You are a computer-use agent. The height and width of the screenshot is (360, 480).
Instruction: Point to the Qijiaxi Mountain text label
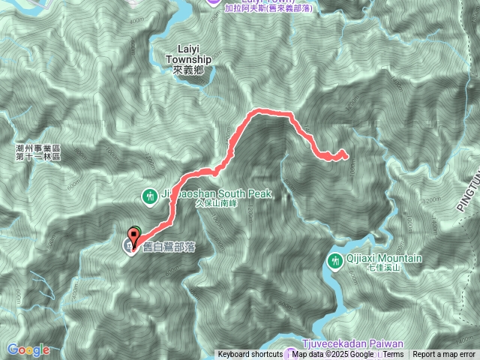tap(383, 258)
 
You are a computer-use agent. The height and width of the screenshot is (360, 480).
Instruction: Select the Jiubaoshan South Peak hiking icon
tap(149, 196)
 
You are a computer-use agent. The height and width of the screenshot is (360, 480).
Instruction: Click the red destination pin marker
tap(134, 233)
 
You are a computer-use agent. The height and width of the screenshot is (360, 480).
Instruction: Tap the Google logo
tap(28, 349)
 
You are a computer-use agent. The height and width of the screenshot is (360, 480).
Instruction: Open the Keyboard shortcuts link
tap(250, 355)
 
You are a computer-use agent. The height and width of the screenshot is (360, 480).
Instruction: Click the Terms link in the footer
tap(393, 355)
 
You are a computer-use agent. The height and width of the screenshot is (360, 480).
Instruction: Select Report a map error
tap(445, 355)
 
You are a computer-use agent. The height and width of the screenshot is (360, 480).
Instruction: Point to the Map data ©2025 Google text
tap(332, 355)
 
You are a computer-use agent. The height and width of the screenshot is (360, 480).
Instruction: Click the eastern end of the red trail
tap(343, 155)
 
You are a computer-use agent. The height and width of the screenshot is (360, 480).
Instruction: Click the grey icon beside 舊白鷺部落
tap(130, 246)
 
